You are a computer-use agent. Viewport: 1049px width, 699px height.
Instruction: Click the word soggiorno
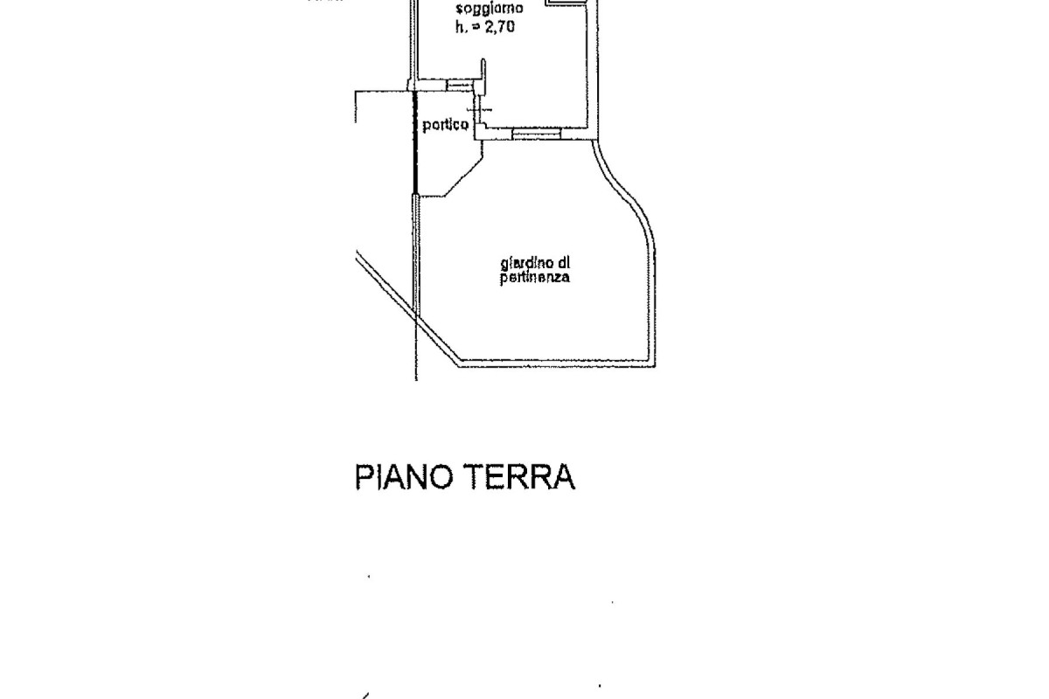489,10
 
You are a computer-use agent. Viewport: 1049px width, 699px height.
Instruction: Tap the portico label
446,125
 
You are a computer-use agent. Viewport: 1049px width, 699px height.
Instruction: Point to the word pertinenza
535,278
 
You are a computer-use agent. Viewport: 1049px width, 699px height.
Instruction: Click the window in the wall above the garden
535,134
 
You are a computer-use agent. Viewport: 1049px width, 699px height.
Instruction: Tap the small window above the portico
459,85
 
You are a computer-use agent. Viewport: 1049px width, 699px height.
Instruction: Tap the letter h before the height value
459,26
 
